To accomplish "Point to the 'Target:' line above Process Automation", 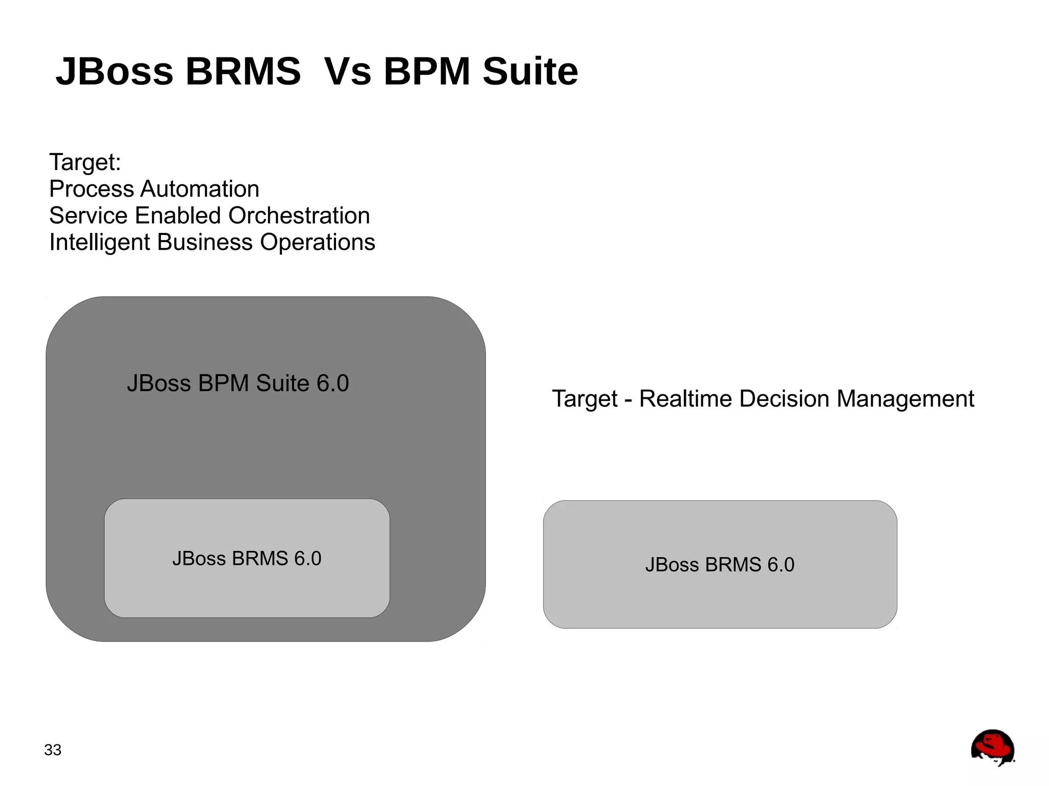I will (85, 162).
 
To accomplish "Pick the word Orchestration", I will (299, 216).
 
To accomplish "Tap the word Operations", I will (318, 242).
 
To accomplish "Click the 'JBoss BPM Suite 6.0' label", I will (238, 383).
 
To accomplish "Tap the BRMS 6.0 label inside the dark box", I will (247, 558).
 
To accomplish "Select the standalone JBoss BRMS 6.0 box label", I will (720, 564).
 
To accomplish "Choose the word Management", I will (905, 399).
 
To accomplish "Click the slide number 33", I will (53, 750).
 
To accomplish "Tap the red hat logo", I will (993, 748).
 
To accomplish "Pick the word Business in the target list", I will (205, 242).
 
